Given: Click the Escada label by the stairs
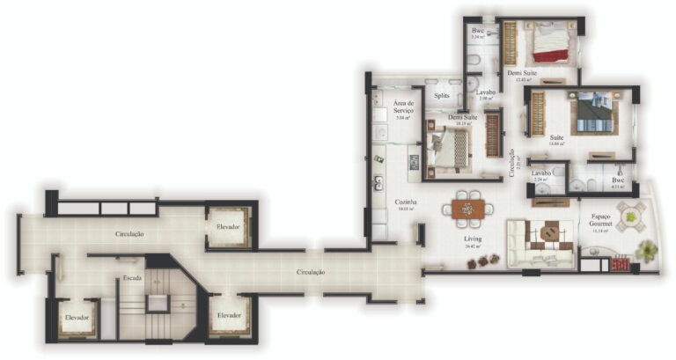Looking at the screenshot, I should tap(133, 277).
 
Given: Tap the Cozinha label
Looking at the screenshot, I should tap(406, 203).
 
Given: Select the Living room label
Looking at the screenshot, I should tap(474, 239).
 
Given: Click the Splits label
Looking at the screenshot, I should tap(442, 95).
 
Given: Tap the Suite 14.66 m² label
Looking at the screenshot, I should tap(556, 139).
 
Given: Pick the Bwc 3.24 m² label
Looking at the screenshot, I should tap(478, 33).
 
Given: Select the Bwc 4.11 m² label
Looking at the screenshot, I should tap(618, 182).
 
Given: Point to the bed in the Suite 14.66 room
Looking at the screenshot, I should tap(591, 113).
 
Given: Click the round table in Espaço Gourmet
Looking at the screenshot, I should tap(630, 214).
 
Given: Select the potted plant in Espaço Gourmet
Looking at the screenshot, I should tap(647, 252).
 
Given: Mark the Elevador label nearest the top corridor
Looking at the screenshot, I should tap(228, 227).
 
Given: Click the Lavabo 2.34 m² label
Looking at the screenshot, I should tap(541, 175).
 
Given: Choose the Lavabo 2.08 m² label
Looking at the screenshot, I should tap(486, 95).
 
